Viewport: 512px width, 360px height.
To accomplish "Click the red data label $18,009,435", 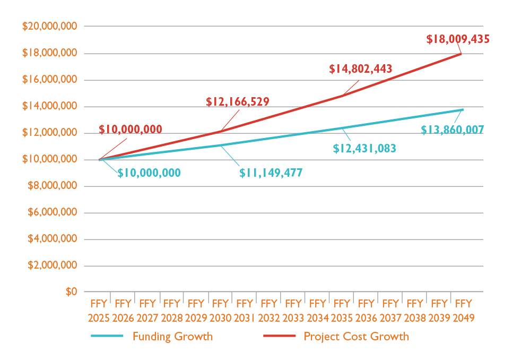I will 457,39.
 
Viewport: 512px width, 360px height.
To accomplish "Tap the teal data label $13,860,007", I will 452,130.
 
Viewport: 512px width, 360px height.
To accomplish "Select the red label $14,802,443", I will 360,69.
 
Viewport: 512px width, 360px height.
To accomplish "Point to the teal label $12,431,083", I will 365,149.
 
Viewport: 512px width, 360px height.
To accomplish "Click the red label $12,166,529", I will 237,102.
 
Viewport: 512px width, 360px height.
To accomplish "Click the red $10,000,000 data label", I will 131,130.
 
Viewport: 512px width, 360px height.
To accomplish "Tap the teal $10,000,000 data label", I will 149,173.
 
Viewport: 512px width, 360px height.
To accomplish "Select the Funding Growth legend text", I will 172,337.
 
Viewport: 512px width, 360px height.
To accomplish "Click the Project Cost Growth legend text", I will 356,337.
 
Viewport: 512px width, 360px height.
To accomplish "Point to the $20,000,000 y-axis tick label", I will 49,27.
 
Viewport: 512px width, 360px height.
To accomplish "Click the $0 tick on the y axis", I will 71,292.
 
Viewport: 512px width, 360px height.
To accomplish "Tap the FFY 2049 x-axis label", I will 463,311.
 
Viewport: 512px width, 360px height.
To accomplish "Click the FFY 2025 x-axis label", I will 99,311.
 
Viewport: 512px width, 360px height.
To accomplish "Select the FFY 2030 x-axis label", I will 220,311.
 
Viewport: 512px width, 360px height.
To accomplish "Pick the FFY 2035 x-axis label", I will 342,311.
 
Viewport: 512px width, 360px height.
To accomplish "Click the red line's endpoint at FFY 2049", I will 461,53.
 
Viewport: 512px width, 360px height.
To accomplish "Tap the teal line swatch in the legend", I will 107,337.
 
